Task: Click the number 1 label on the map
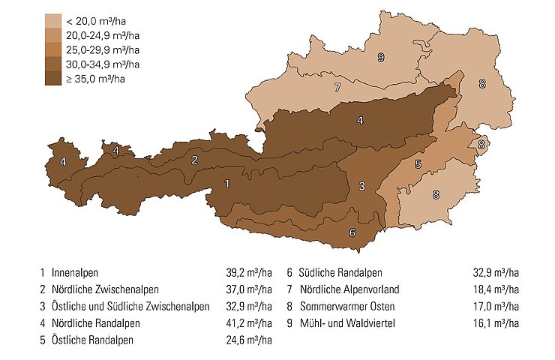227,182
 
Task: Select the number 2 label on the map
194,160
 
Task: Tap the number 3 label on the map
361,186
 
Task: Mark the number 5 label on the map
418,164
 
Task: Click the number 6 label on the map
352,232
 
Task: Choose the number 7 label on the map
338,88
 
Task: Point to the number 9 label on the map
381,58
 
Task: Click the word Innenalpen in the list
75,271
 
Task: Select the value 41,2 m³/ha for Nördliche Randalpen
249,323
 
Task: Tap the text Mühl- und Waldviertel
346,323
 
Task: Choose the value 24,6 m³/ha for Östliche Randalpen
249,340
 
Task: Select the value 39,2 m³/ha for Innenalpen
249,271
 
